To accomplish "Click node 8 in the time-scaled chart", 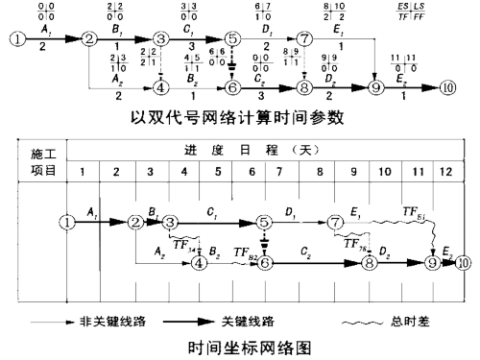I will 369,261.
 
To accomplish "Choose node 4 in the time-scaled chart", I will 199,261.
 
